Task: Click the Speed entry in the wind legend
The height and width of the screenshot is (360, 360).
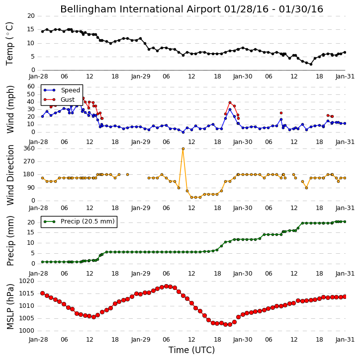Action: (x=62, y=90)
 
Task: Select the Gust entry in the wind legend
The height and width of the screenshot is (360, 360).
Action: (x=59, y=100)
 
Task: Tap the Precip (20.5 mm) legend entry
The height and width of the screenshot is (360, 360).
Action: (x=80, y=221)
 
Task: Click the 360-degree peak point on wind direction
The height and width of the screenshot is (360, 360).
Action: (x=183, y=149)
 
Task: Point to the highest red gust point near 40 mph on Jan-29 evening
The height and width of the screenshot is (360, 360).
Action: (x=230, y=103)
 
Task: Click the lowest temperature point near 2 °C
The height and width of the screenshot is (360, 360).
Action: (x=311, y=64)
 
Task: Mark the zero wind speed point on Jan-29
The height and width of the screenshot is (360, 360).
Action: (x=183, y=132)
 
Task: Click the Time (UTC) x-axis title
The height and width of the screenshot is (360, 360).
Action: (x=191, y=350)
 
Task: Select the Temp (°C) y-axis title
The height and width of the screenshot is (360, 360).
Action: (x=9, y=44)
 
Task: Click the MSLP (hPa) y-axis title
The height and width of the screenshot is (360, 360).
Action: (x=10, y=306)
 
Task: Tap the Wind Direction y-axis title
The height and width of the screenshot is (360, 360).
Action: (x=10, y=175)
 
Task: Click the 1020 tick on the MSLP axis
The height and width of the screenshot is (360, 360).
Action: (x=27, y=281)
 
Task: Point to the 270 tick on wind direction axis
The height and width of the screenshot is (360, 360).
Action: (x=29, y=161)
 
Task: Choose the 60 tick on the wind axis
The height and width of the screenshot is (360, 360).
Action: (x=31, y=86)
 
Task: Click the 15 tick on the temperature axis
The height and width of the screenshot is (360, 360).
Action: (x=31, y=30)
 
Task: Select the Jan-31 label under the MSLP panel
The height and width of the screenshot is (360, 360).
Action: (x=345, y=339)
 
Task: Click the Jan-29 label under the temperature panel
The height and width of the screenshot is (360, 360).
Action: (x=141, y=76)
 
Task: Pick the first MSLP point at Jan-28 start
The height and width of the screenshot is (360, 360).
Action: (x=42, y=293)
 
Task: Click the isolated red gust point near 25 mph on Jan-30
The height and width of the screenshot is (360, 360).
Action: (x=281, y=113)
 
